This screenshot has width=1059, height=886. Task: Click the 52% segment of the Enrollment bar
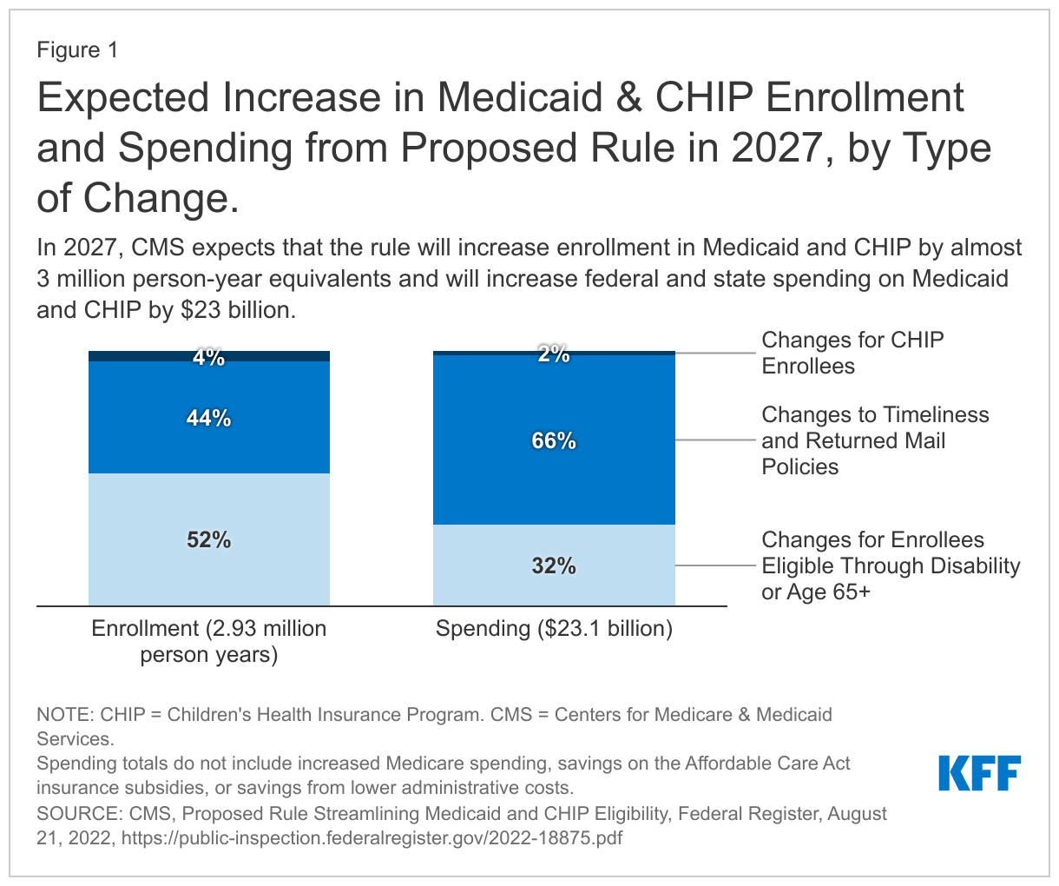pos(209,539)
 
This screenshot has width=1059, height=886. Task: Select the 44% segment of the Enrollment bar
pos(209,418)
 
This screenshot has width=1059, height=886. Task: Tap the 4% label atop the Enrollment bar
pos(209,357)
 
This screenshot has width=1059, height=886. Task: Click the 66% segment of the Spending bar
pos(554,440)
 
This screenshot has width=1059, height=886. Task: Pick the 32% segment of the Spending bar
pos(554,565)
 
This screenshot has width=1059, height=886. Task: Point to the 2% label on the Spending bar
pos(554,354)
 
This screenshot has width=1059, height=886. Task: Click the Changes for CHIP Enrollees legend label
pos(852,353)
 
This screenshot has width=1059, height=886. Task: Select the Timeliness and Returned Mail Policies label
pos(874,440)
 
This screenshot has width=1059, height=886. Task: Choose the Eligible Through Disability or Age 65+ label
pos(890,565)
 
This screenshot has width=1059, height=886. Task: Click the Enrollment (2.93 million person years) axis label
pos(209,641)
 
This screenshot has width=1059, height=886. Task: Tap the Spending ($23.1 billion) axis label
pos(554,628)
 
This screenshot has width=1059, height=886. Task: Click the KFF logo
pos(979,772)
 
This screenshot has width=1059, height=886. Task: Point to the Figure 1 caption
pos(76,50)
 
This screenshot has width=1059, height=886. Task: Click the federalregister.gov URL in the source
pos(372,838)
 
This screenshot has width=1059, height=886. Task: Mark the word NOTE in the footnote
pos(62,715)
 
